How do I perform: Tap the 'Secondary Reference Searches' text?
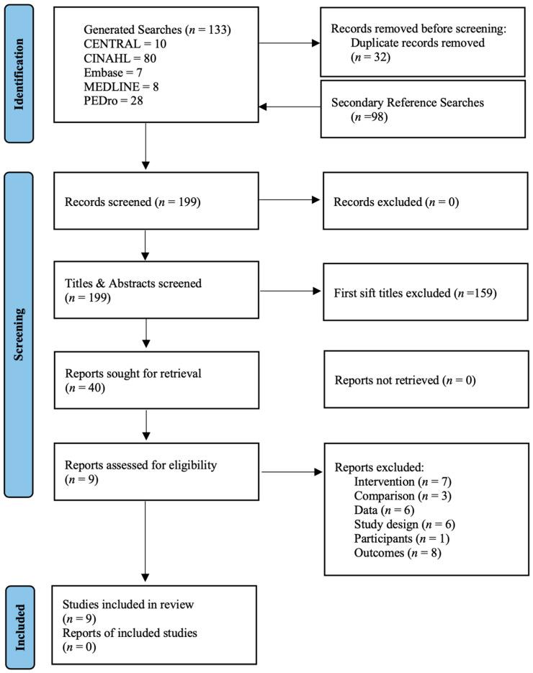(x=408, y=103)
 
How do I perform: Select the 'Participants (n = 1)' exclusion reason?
(x=402, y=538)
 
